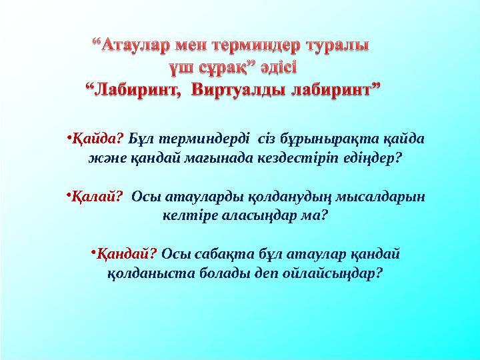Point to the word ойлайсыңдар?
333,274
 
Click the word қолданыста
147,274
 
